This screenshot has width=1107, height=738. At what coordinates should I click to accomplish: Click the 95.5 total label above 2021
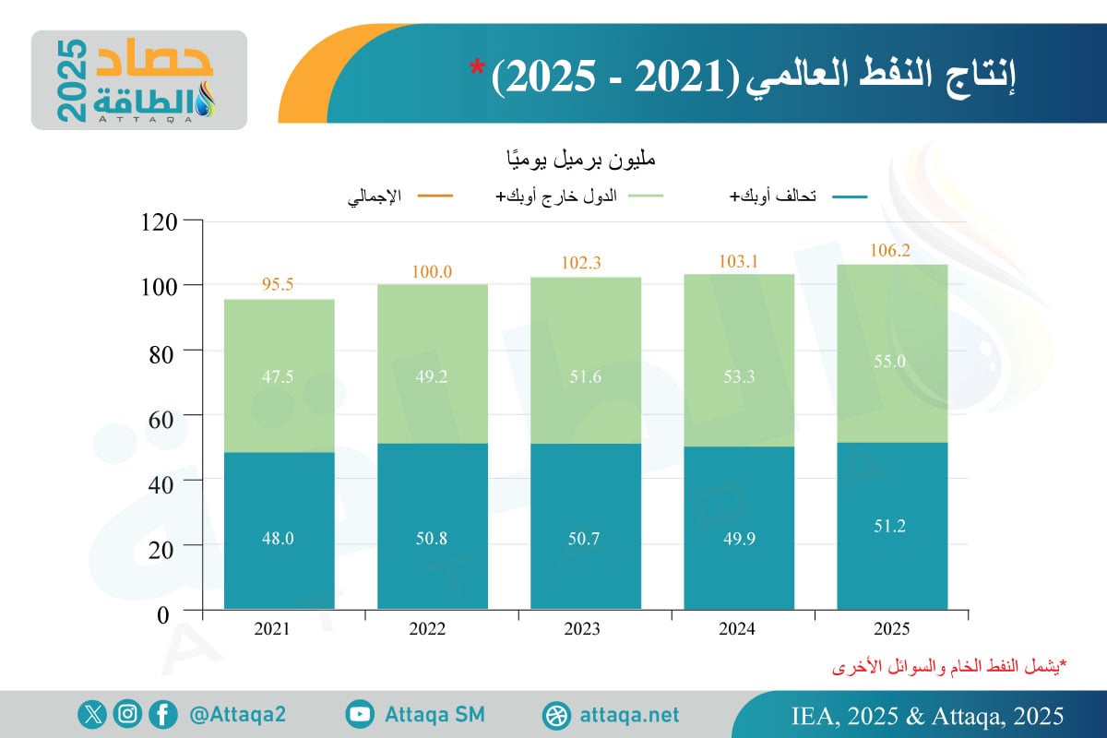pyautogui.click(x=279, y=285)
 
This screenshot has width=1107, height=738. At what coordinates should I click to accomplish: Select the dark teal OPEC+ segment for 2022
pyautogui.click(x=432, y=526)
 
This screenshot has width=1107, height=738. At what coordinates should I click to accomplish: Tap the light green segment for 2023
pyautogui.click(x=585, y=360)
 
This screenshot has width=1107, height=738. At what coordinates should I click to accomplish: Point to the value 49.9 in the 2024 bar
pyautogui.click(x=738, y=539)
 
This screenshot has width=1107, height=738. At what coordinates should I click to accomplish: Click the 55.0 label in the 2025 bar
pyautogui.click(x=891, y=362)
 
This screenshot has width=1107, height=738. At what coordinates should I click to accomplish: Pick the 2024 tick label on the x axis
pyautogui.click(x=738, y=629)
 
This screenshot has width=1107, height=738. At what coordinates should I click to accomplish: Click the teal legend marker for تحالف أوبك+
pyautogui.click(x=849, y=196)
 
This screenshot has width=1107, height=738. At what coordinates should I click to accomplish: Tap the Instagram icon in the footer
pyautogui.click(x=128, y=714)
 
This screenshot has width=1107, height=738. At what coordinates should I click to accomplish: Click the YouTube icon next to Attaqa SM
pyautogui.click(x=361, y=714)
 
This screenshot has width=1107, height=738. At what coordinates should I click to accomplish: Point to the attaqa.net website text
pyautogui.click(x=630, y=715)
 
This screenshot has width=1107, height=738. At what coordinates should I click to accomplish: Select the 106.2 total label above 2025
pyautogui.click(x=891, y=249)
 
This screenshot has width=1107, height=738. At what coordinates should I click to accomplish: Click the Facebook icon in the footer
pyautogui.click(x=163, y=714)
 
